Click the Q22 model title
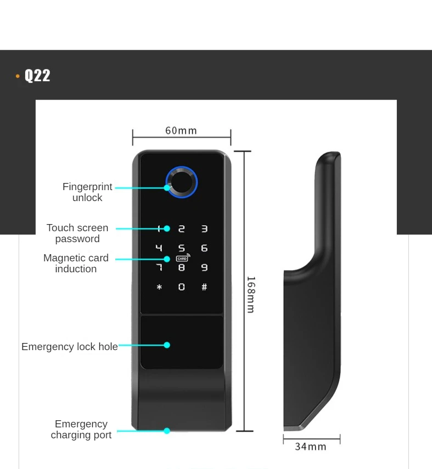[x=37, y=75]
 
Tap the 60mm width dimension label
[x=181, y=130]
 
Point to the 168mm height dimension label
[x=250, y=294]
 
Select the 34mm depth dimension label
[x=311, y=447]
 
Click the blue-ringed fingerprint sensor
[x=182, y=182]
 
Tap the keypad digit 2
[x=182, y=229]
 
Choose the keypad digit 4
[x=159, y=248]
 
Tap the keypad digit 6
[x=204, y=248]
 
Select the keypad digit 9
[x=204, y=267]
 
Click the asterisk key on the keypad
[x=159, y=287]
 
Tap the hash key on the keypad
[x=204, y=287]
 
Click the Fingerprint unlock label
[x=87, y=192]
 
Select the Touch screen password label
[x=77, y=233]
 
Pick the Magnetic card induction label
[x=76, y=264]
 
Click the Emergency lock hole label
[x=70, y=347]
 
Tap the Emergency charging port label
[x=81, y=430]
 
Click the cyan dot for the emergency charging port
[x=167, y=431]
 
